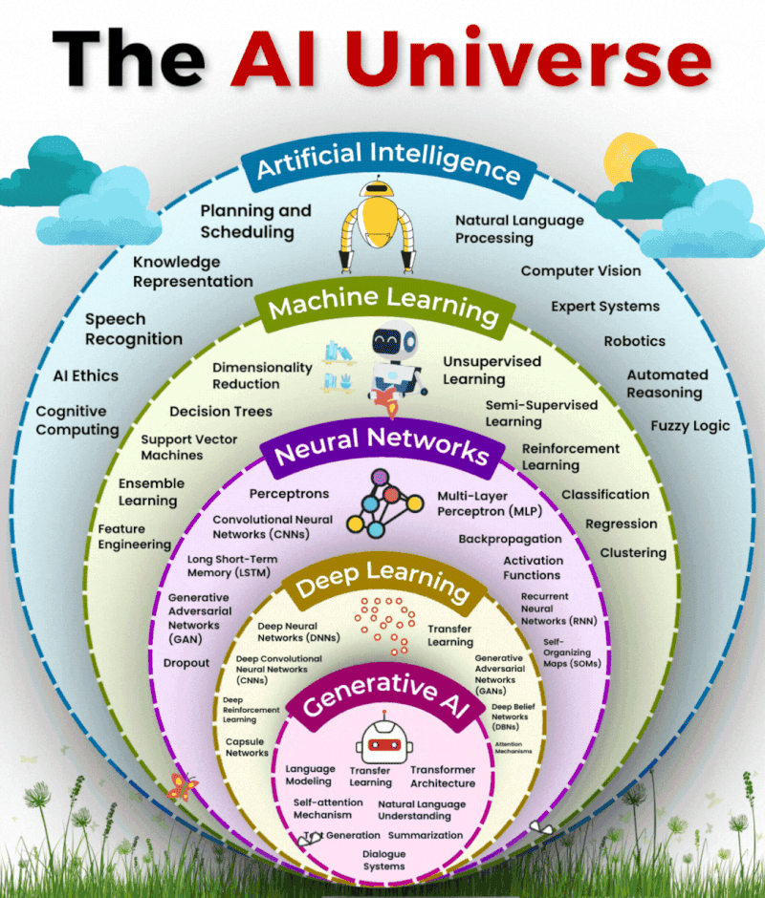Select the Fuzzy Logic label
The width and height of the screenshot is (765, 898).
coord(690,426)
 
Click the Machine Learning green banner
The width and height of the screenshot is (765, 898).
coord(382,307)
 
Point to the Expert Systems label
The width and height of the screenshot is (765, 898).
coord(604,307)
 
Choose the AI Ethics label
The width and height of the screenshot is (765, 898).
coord(86,375)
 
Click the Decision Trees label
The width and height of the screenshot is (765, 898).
coord(221,412)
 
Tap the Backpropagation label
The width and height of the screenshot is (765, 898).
coord(510,540)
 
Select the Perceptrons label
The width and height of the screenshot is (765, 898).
coord(289,494)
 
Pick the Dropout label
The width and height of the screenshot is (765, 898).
coord(186,663)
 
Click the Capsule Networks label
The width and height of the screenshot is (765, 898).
coord(247,746)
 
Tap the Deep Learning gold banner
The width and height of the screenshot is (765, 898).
coord(382,583)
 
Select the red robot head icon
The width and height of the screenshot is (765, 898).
coord(382,741)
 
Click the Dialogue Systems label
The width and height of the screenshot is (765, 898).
coord(383,860)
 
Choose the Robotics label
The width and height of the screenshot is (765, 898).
coord(634,341)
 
